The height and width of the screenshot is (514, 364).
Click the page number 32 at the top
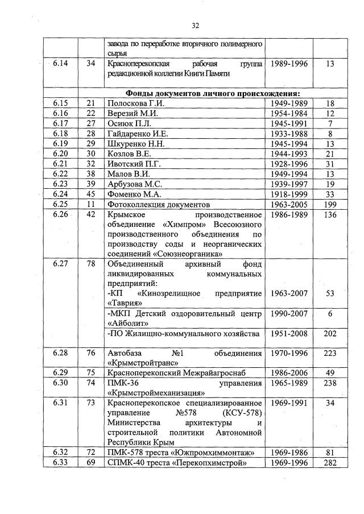pos(195,26)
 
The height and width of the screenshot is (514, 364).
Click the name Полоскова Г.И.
pos(135,103)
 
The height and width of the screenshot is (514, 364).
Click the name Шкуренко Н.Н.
pos(136,144)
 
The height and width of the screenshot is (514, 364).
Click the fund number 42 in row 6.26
pos(90,214)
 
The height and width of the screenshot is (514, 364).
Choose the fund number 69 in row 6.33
pos(90,463)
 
